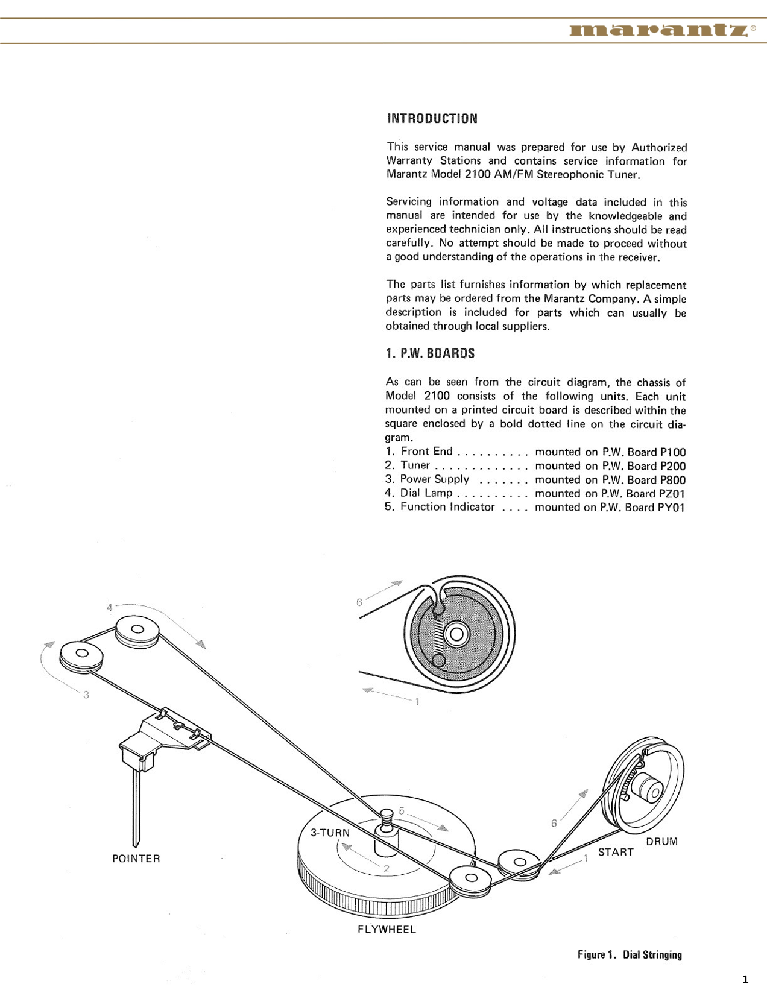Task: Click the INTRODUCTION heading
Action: click(432, 118)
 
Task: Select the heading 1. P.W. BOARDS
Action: click(430, 353)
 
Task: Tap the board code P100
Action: click(673, 452)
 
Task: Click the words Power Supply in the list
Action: click(434, 479)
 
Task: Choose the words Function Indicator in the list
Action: click(447, 507)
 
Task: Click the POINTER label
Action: click(136, 859)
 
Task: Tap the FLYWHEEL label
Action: click(387, 930)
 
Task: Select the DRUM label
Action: click(661, 842)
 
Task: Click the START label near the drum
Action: click(616, 852)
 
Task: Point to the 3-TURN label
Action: click(330, 833)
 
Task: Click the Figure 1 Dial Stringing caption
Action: click(630, 955)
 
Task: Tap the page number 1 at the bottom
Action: click(746, 979)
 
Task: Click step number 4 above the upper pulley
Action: click(109, 607)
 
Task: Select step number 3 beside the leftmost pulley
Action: click(86, 695)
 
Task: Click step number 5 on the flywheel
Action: click(402, 811)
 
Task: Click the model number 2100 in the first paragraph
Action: click(478, 175)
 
